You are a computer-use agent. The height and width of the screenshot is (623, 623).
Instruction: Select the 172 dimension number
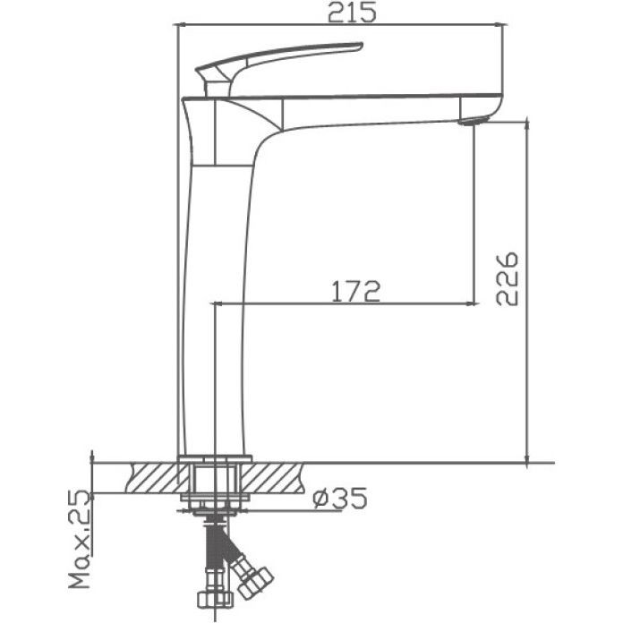(x=356, y=291)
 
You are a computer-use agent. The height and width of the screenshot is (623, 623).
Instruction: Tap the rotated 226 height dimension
(x=508, y=278)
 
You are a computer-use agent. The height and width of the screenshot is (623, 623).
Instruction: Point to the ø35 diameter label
(x=341, y=498)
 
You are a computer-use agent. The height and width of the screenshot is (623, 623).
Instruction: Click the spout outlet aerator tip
(x=474, y=120)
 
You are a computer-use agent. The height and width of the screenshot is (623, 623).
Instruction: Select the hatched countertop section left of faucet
(x=154, y=476)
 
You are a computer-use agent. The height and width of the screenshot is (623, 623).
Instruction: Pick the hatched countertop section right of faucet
(x=276, y=476)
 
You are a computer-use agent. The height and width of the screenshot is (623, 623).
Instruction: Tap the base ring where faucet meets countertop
(x=214, y=459)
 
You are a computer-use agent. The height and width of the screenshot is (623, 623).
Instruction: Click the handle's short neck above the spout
(x=216, y=86)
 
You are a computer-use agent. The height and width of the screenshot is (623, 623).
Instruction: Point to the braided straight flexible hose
(x=213, y=550)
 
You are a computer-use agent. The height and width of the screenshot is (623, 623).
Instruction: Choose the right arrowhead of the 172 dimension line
(x=470, y=304)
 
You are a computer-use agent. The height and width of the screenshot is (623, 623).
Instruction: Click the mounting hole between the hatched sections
(x=214, y=478)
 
